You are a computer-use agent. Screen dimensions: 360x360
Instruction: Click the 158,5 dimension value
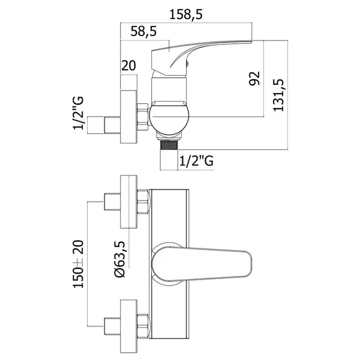coord(186,14)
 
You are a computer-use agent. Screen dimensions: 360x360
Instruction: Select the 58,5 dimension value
coord(143,31)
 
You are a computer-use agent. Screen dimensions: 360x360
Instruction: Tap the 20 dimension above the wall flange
coord(128,65)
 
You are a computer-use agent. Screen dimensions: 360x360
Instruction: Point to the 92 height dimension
coord(254,78)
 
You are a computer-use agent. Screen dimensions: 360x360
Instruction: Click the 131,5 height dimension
coord(278,95)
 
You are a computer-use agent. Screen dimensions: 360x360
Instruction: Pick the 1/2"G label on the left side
coord(78,113)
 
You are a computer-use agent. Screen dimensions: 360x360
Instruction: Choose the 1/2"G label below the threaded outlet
coord(196,160)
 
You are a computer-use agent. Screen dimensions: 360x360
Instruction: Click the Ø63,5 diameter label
coord(120,259)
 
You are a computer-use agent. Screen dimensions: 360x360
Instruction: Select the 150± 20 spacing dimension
coord(78,264)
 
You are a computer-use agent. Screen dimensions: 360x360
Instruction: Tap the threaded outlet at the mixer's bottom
coord(169,145)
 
